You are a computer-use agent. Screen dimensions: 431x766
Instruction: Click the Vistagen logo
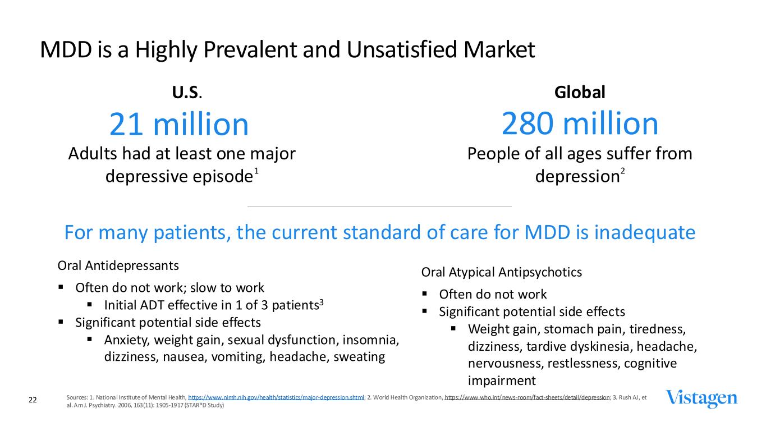701,398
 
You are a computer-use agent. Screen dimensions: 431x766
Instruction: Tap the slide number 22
33,400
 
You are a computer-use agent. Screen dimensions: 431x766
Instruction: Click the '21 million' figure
178,125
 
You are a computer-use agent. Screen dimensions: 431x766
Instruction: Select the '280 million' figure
579,123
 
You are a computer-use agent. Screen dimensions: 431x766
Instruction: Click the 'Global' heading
579,93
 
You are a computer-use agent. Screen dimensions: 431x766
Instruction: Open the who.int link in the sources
527,397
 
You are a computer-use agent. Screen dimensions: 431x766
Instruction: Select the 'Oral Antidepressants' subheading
118,264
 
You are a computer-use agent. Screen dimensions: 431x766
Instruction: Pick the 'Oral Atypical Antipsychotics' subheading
501,272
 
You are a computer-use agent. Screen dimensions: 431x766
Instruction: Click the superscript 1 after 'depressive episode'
256,172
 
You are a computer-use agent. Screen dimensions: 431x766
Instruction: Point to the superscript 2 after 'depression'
622,172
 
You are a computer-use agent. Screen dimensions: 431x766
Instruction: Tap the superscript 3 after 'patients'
322,302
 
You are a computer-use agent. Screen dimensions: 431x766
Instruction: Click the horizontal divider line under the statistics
379,207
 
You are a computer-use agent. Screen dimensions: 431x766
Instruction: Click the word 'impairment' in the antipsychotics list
501,381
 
